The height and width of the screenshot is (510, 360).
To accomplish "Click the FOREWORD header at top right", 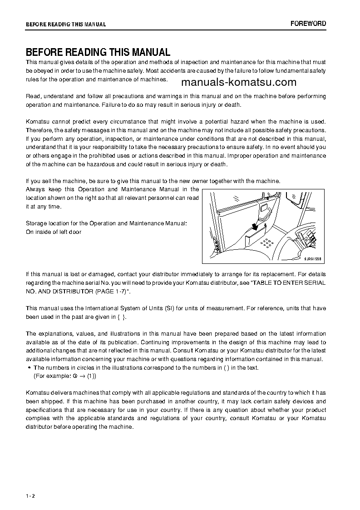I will (308, 24).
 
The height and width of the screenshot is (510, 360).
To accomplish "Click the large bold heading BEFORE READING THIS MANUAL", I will (98, 52).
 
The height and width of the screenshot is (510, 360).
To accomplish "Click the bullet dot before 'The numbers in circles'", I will (29, 368).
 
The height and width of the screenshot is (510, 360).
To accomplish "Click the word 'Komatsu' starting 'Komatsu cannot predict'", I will (37, 122).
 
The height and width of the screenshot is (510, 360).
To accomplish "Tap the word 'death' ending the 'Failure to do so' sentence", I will (232, 105).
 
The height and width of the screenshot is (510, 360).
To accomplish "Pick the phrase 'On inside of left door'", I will (54, 232).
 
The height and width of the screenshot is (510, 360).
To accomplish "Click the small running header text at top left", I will (66, 25).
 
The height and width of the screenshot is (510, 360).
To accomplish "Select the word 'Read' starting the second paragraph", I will (33, 96).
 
